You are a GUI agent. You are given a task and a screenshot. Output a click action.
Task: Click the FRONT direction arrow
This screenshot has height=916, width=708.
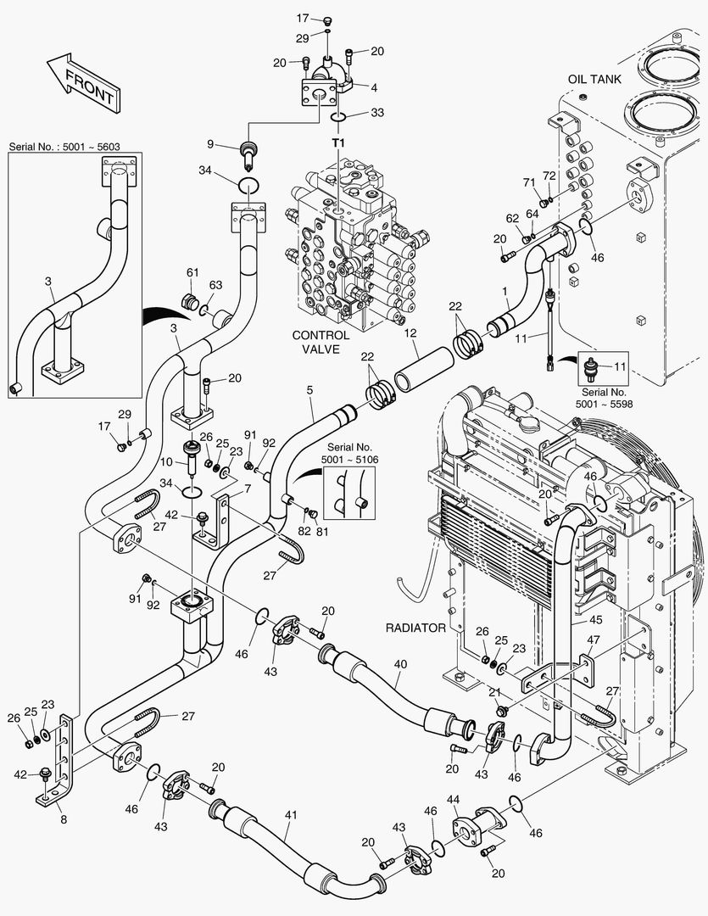pyautogui.click(x=82, y=82)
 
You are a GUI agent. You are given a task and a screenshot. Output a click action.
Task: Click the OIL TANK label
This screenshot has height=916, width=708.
pyautogui.click(x=594, y=79)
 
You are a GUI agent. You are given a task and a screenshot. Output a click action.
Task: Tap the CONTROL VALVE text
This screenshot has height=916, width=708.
pyautogui.click(x=321, y=342)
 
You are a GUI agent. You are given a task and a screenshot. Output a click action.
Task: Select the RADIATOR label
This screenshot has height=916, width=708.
pyautogui.click(x=415, y=628)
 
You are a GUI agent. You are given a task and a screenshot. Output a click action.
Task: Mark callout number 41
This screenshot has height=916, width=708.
pyautogui.click(x=291, y=815)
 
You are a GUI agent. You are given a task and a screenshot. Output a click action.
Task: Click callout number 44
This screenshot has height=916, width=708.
pyautogui.click(x=454, y=799)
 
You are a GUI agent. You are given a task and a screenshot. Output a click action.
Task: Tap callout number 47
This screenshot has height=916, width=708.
pyautogui.click(x=594, y=640)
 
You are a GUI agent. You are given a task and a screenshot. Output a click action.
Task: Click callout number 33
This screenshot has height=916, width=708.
pyautogui.click(x=376, y=112)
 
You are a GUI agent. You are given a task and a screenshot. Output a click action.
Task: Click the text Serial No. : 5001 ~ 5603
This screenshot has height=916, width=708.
pyautogui.click(x=64, y=147)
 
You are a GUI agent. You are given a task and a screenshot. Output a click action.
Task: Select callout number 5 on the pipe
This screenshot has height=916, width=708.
pyautogui.click(x=309, y=389)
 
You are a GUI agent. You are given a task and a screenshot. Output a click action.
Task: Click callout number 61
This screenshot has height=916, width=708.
pyautogui.click(x=192, y=271)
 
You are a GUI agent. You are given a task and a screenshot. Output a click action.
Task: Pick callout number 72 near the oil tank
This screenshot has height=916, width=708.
pyautogui.click(x=549, y=175)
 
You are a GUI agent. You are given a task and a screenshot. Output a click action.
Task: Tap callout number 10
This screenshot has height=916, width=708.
pyautogui.click(x=167, y=461)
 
